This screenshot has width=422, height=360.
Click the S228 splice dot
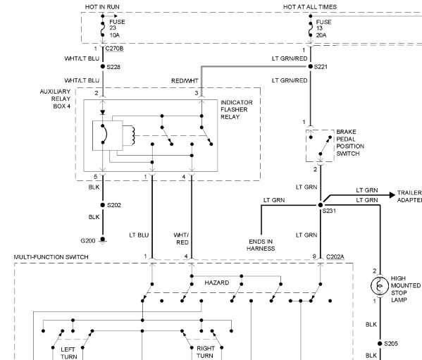pyautogui.click(x=103, y=66)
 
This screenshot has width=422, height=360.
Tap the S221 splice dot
pyautogui.click(x=310, y=66)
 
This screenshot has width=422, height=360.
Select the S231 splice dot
pyautogui.click(x=321, y=205)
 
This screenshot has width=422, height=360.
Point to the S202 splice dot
pyautogui.click(x=103, y=205)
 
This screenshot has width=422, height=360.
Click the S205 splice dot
pyautogui.click(x=380, y=344)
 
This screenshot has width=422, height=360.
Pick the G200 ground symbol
pyautogui.click(x=103, y=240)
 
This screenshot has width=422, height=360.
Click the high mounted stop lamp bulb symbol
pyautogui.click(x=380, y=286)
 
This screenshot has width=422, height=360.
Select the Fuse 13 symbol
pyautogui.click(x=310, y=29)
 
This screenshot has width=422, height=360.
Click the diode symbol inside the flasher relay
pyautogui.click(x=103, y=113)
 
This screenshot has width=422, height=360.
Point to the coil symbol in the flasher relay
pyautogui.click(x=132, y=135)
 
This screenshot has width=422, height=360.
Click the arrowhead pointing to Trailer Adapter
pyautogui.click(x=392, y=195)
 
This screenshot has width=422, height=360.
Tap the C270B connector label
pyautogui.click(x=114, y=49)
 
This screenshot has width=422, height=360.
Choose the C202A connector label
pyautogui.click(x=335, y=257)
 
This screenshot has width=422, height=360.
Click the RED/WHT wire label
pyautogui.click(x=185, y=81)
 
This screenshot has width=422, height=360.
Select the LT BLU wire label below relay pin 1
pyautogui.click(x=139, y=235)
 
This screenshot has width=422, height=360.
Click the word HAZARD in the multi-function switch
pyautogui.click(x=217, y=283)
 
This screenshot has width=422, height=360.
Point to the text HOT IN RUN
pyautogui.click(x=102, y=7)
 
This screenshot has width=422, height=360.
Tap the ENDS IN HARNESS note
pyautogui.click(x=261, y=245)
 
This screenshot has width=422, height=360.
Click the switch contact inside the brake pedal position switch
pyautogui.click(x=325, y=146)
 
